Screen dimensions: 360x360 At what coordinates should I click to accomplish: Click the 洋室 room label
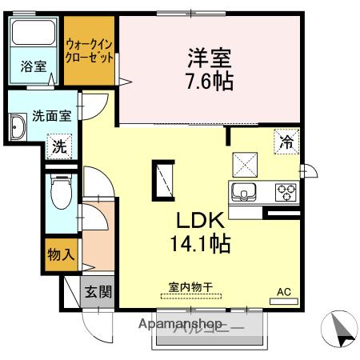pos(210,58)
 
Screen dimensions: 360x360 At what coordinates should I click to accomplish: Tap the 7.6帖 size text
pos(210,81)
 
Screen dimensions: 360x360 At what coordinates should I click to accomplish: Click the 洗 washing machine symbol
pos(58,146)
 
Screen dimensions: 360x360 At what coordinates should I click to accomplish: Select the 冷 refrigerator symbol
pos(286,143)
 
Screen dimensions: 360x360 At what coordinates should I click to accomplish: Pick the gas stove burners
pos(286,192)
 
